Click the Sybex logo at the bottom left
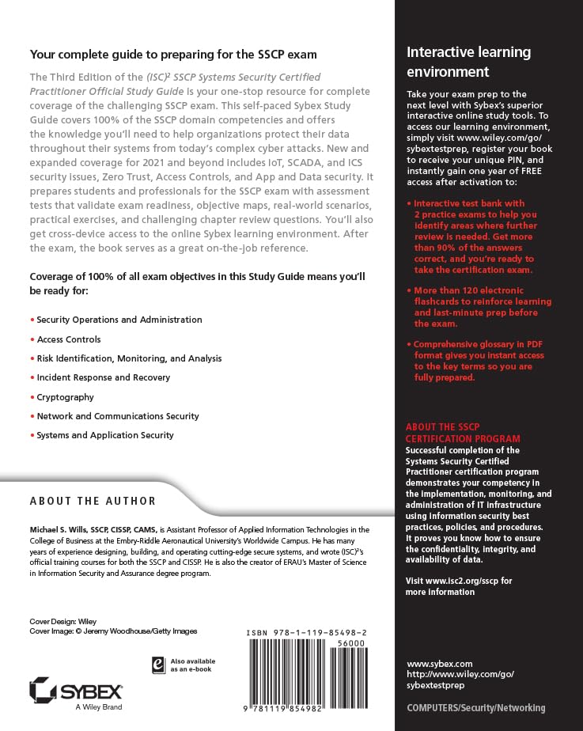pyautogui.click(x=74, y=690)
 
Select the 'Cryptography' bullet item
pyautogui.click(x=65, y=397)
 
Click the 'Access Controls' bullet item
pyautogui.click(x=69, y=339)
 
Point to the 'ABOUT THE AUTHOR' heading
pyautogui.click(x=93, y=501)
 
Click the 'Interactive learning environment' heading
pyautogui.click(x=468, y=62)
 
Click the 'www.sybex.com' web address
pyautogui.click(x=439, y=663)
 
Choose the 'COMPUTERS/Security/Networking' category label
pyautogui.click(x=475, y=708)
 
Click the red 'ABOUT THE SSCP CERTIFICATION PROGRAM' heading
pyautogui.click(x=463, y=433)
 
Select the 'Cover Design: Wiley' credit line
pyautogui.click(x=62, y=621)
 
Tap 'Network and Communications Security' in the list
pyautogui.click(x=118, y=416)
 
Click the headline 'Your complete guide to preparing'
pyautogui.click(x=172, y=55)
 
